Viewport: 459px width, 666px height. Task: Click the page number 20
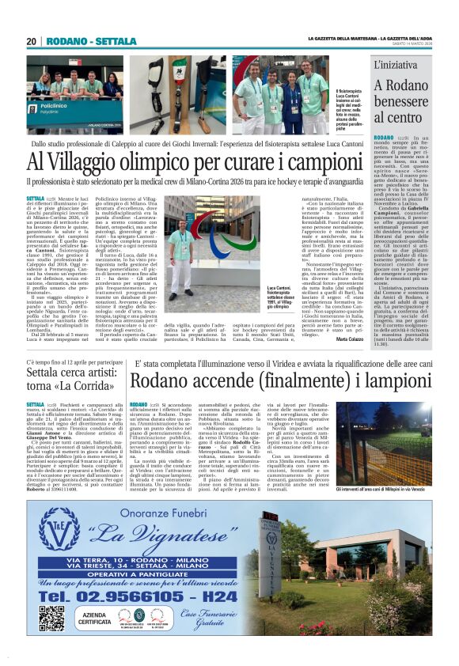point(32,41)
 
